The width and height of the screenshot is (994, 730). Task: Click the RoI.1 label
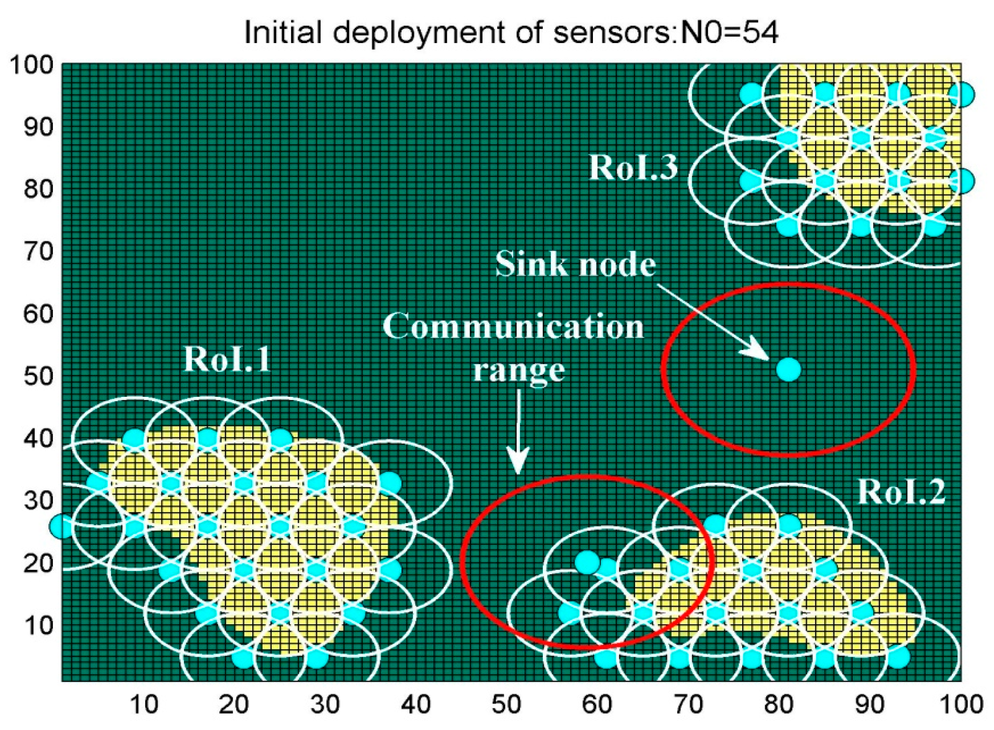227,359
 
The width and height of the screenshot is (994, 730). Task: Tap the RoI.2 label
901,492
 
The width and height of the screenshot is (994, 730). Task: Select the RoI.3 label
633,167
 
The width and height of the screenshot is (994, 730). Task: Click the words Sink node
575,264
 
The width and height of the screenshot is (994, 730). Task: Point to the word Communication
513,326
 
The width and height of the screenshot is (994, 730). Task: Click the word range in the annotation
519,370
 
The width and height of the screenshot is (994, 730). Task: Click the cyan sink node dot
789,370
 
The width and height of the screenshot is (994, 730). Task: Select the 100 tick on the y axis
32,65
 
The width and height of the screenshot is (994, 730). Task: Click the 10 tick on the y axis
38,625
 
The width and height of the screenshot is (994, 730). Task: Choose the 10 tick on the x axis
143,704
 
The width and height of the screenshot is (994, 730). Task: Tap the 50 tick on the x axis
506,704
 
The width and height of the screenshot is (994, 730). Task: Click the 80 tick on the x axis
779,704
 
